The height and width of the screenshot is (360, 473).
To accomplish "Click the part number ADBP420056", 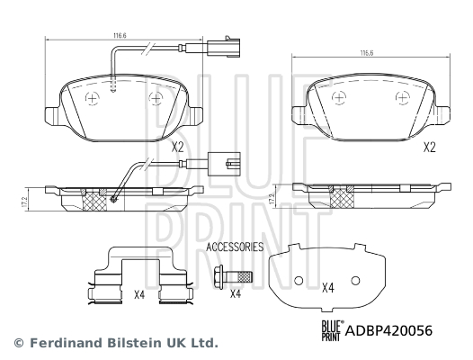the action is tap(388, 330).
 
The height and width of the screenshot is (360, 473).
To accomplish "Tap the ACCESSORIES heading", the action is tap(235, 247).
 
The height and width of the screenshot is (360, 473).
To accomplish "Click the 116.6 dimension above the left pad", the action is tap(120, 35).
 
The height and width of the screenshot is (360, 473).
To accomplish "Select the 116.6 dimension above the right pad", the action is tap(367, 53).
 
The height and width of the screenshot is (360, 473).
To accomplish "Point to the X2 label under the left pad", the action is tap(178, 148).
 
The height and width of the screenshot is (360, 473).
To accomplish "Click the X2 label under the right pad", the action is tap(430, 148).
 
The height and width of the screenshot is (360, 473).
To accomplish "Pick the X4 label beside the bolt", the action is tap(236, 293).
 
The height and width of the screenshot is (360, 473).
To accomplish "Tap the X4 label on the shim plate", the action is tap(328, 287).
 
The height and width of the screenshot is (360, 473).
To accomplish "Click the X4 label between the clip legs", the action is tap(139, 294).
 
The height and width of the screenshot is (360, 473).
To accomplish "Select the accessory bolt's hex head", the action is tap(219, 277).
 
